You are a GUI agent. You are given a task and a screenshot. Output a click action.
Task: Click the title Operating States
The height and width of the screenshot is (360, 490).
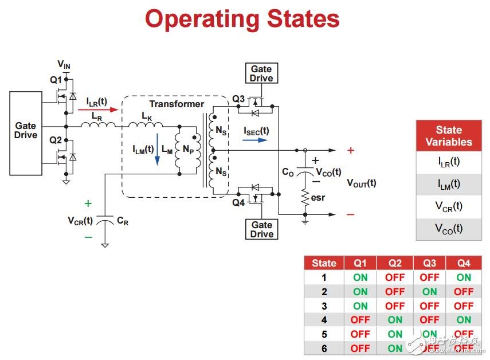tap(242, 19)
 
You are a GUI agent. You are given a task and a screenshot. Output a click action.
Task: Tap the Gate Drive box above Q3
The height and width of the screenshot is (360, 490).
tap(262, 74)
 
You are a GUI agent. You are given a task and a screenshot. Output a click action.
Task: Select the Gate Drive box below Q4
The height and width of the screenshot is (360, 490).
tap(262, 229)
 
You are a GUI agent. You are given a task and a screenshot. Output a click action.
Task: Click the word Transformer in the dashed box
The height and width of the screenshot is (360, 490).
tap(177, 104)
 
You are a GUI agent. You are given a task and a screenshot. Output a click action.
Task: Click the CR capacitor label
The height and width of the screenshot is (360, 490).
tap(122, 221)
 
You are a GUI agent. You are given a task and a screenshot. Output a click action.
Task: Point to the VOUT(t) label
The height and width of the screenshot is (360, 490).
tap(362, 183)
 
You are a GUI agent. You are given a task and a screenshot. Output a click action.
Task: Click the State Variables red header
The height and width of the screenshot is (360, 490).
tap(449, 136)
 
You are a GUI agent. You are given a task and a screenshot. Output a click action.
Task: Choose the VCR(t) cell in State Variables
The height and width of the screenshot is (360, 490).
tap(449, 206)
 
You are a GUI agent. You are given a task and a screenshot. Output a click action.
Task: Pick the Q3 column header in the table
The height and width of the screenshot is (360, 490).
tap(429, 263)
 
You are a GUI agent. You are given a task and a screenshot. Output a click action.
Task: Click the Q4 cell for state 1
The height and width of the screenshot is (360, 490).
tap(464, 277)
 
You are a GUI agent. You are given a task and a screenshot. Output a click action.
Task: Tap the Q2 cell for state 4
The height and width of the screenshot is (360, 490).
tap(395, 320)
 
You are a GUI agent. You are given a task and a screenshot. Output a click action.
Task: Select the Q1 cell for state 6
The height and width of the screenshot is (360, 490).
tap(360, 348)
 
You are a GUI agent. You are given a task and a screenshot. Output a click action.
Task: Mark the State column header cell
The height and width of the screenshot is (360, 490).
tap(324, 263)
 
